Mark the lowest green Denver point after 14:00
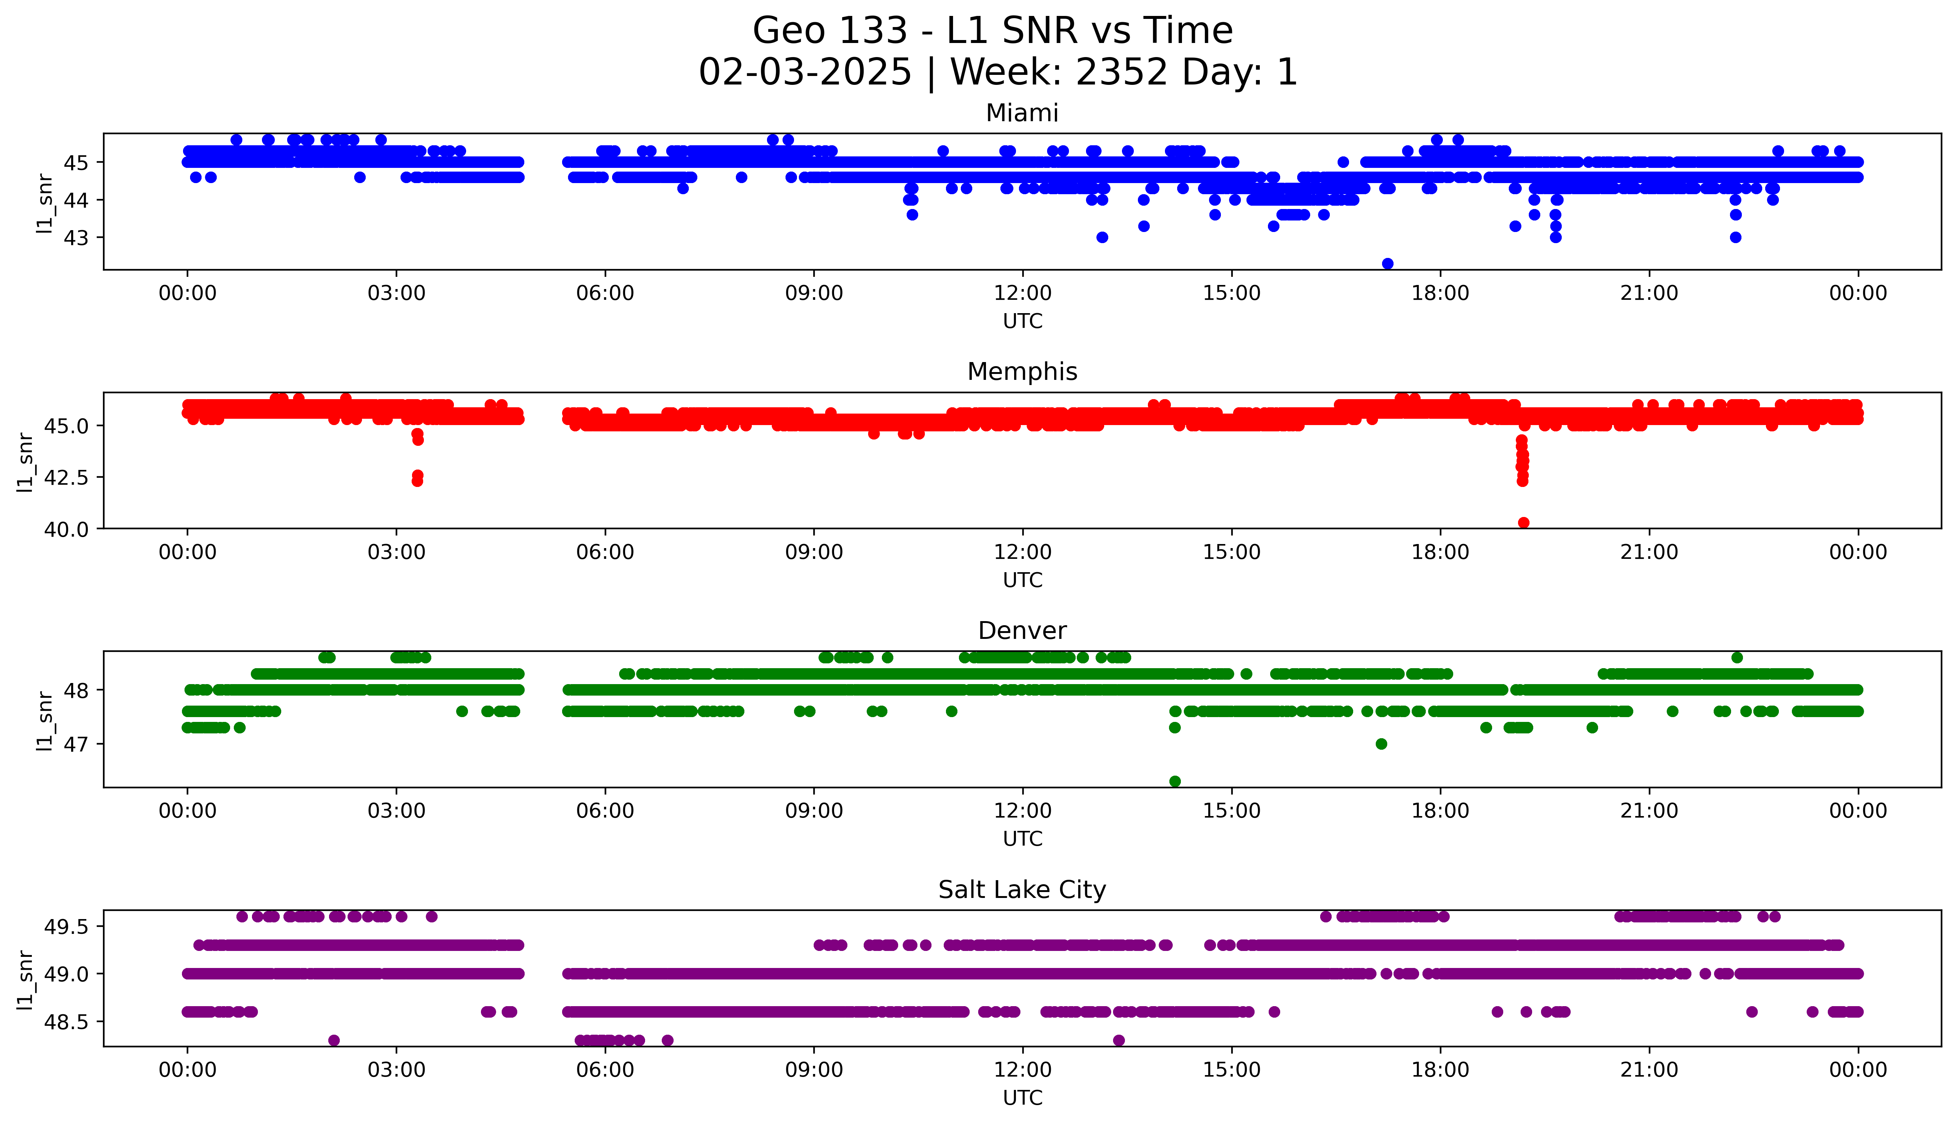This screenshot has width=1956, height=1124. coord(1175,781)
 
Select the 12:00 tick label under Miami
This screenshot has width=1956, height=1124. coord(1022,294)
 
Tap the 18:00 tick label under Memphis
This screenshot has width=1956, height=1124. coord(1441,552)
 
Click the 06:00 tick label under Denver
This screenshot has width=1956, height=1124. coord(605,810)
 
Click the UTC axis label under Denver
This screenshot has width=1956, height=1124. coord(1022,838)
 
